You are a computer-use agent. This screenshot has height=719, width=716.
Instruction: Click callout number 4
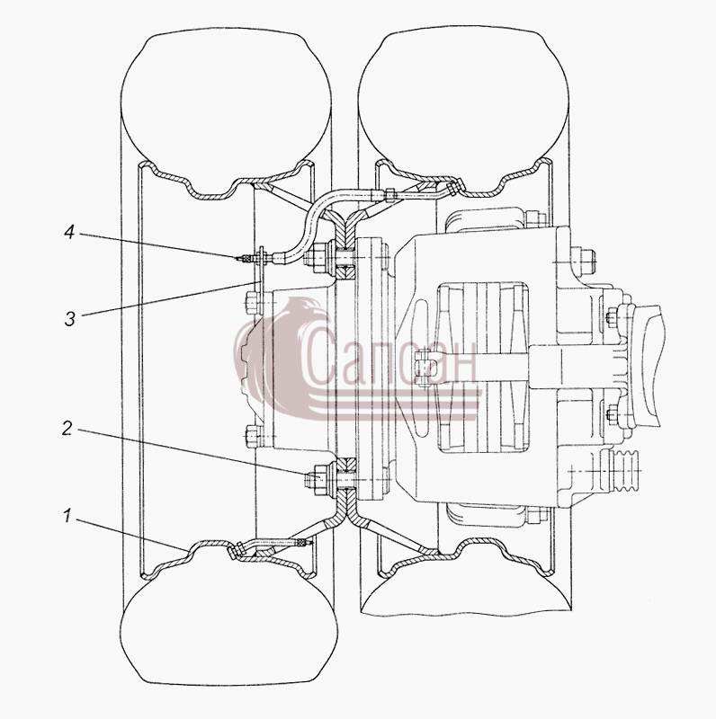(69, 233)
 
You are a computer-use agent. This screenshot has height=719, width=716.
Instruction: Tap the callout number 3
(69, 319)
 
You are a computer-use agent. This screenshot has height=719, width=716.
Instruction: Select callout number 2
(67, 429)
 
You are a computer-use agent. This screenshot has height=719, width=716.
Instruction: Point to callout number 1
(67, 516)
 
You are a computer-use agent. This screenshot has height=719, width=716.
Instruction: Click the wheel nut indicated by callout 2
(317, 480)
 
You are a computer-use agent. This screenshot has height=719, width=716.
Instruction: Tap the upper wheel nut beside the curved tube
(317, 258)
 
